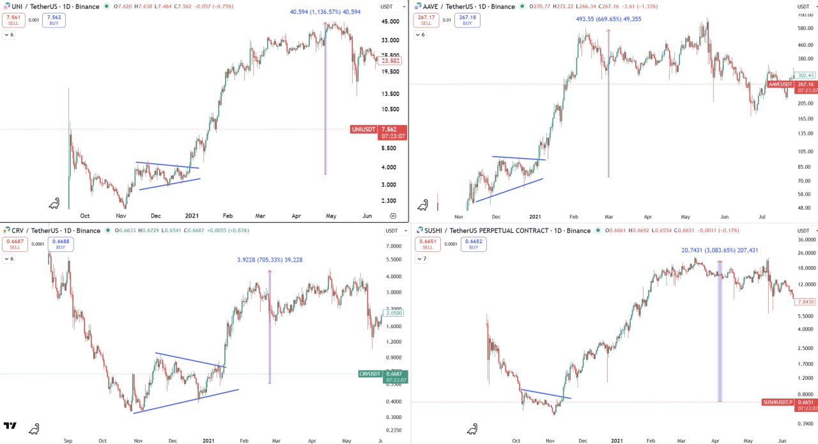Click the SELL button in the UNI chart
(x=12, y=20)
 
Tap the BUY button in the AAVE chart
(x=468, y=20)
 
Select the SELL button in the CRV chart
(x=12, y=244)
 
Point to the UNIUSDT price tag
(x=362, y=129)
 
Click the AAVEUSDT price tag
(x=780, y=84)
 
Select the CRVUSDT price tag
(x=370, y=374)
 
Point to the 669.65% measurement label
(x=608, y=19)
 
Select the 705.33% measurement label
(x=270, y=260)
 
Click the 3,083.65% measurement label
(x=720, y=250)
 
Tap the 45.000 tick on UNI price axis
(x=390, y=22)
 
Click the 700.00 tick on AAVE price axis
(x=805, y=15)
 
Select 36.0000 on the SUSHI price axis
(x=807, y=240)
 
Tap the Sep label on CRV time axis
(x=68, y=440)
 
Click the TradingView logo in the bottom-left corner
(x=10, y=426)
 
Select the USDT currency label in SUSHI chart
(x=803, y=231)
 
